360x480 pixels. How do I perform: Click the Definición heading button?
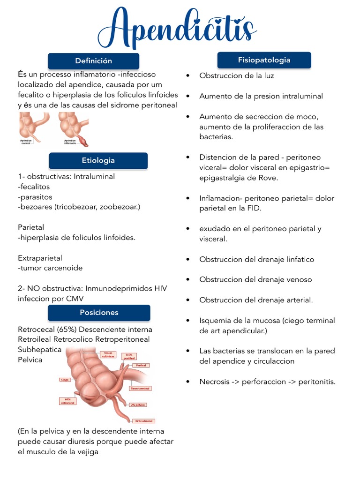point(94,61)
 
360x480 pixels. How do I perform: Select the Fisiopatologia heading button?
point(264,60)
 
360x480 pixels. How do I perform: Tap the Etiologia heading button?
point(98,160)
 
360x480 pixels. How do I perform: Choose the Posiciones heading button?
point(99,313)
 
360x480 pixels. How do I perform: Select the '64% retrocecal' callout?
point(68,401)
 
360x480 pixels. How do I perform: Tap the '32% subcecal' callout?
point(144,421)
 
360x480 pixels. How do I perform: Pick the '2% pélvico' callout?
point(139,404)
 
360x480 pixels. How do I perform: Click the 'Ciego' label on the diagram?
point(65,379)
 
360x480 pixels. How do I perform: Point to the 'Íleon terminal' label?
point(140,388)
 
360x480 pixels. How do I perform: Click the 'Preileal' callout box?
point(140,365)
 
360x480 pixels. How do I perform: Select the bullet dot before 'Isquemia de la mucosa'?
point(188,321)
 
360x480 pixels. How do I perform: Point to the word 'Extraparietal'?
point(40,258)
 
